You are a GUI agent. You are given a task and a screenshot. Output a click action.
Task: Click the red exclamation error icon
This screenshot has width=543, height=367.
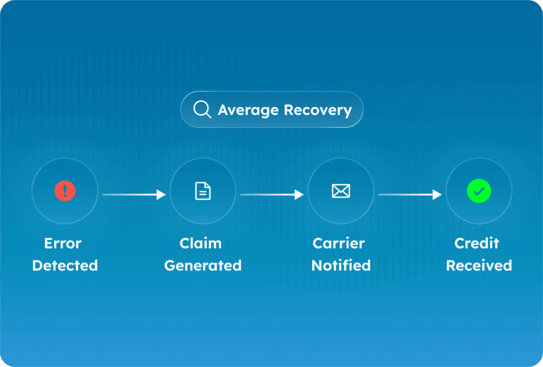point(65,192)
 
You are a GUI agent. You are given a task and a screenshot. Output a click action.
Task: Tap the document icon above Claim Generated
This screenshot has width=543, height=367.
point(203,192)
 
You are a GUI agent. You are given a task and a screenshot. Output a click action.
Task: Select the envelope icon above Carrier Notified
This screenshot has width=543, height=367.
point(341,192)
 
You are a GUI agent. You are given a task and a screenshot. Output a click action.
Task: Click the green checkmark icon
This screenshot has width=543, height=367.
point(479,192)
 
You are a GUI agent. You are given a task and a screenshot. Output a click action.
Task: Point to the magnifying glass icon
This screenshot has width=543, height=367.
point(202,109)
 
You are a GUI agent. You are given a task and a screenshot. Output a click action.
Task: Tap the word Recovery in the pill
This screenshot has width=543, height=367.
point(318,110)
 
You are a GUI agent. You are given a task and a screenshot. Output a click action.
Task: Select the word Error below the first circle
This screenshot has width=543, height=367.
point(63,243)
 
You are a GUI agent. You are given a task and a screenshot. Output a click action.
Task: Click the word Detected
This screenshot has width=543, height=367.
point(65,265)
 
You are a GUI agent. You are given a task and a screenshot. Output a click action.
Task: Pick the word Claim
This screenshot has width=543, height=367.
point(201,243)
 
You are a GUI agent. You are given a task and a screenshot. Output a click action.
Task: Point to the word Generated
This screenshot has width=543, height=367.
point(203,266)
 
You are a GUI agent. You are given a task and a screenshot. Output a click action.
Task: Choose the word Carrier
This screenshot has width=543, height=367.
point(339,243)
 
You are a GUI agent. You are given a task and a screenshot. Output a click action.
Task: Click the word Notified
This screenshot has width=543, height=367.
point(341,265)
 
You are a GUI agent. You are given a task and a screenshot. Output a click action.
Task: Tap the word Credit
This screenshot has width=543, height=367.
point(477,243)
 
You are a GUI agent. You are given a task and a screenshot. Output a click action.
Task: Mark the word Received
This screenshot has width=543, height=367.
point(479,265)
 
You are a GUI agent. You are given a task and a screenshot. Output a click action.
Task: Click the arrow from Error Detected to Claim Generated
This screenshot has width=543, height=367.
point(134,194)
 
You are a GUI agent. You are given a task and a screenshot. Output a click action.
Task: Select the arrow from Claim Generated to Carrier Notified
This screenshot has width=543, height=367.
point(271,194)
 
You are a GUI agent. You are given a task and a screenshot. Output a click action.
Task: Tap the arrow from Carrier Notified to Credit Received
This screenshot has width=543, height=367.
point(409,194)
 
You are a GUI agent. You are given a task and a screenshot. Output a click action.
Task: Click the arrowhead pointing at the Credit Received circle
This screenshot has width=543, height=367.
point(438,194)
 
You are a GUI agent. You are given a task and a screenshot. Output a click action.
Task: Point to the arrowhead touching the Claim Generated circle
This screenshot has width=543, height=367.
point(162,194)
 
